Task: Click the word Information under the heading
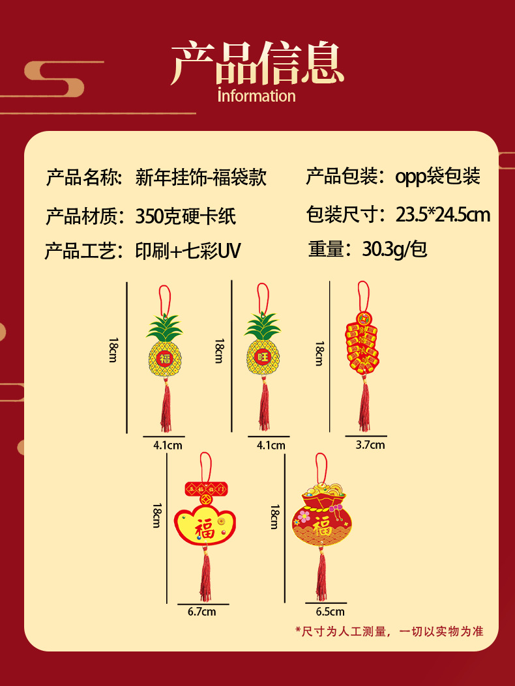[257, 96]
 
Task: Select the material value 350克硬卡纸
[186, 216]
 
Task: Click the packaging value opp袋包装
[437, 176]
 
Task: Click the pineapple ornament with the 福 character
[164, 352]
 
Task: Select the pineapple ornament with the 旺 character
[262, 352]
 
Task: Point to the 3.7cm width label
[370, 445]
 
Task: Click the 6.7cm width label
[201, 612]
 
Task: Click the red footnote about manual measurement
[389, 631]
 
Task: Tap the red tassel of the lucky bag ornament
[321, 577]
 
